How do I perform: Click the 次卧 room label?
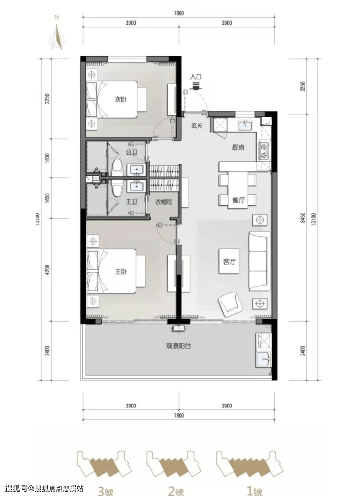[x=121, y=100]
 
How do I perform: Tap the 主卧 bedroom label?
[x=121, y=272]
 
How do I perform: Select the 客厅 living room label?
[x=229, y=262]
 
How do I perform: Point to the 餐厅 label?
[x=238, y=200]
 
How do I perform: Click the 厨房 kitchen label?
[x=238, y=147]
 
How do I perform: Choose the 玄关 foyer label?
[x=197, y=125]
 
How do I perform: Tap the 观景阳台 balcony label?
[x=179, y=346]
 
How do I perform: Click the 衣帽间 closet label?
[x=163, y=201]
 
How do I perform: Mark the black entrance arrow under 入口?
[x=197, y=86]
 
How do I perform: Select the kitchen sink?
[x=245, y=125]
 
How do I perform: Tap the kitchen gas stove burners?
[x=263, y=151]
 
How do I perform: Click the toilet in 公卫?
[x=117, y=168]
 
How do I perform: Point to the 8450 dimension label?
[x=303, y=218]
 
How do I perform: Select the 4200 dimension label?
[x=48, y=270]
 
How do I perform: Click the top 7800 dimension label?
[x=179, y=13]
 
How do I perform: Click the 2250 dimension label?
[x=303, y=87]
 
